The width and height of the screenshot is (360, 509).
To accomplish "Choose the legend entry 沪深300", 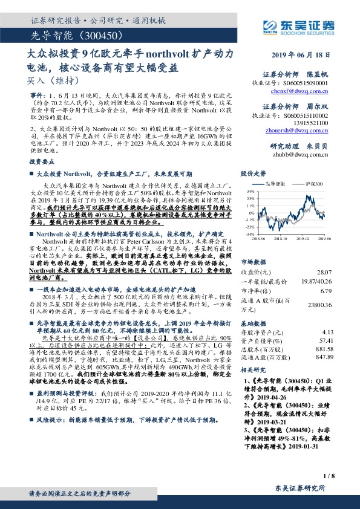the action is click(314, 184).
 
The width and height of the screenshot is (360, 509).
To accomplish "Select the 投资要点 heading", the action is click(40, 162).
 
